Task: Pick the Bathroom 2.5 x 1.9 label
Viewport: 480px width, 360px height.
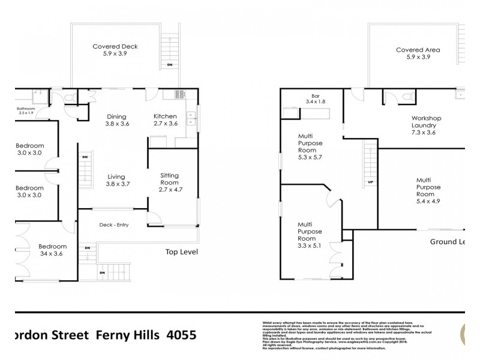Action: point(27,111)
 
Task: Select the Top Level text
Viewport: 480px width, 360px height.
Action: point(181,252)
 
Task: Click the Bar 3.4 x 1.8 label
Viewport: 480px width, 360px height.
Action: point(315,99)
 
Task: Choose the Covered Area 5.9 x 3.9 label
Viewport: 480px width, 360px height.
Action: point(418,53)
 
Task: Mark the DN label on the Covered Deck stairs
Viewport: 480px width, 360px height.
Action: point(169,64)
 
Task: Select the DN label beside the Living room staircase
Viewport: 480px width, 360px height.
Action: point(85,157)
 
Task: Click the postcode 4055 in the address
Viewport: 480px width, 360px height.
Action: point(179,337)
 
